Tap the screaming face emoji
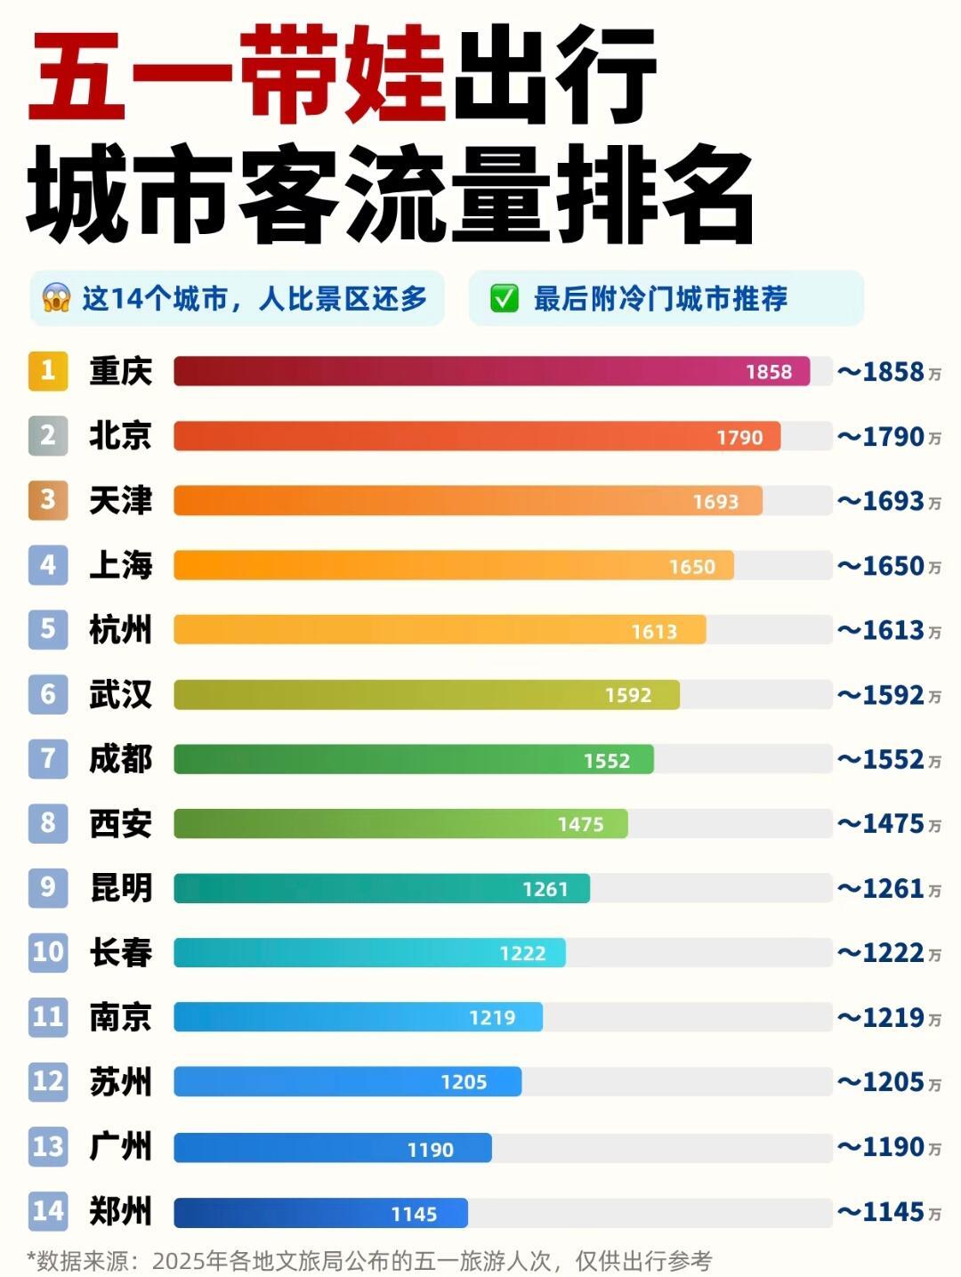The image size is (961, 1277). click(x=56, y=298)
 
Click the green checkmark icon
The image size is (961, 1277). click(x=504, y=298)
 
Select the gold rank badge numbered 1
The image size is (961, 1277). click(x=48, y=370)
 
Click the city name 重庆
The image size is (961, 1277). click(x=120, y=371)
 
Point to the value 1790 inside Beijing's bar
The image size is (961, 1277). click(x=739, y=437)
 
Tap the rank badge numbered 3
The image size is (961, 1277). click(x=48, y=500)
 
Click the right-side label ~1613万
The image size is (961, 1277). click(x=888, y=630)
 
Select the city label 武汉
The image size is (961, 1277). click(x=120, y=694)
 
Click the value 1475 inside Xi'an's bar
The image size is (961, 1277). click(x=580, y=824)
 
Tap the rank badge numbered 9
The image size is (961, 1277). click(x=48, y=888)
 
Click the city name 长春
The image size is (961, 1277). click(x=120, y=953)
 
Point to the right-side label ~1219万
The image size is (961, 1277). click(x=888, y=1017)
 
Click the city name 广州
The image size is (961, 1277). click(x=120, y=1147)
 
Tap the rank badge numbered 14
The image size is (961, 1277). click(x=48, y=1211)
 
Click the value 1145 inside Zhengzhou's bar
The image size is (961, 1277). click(x=414, y=1214)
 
